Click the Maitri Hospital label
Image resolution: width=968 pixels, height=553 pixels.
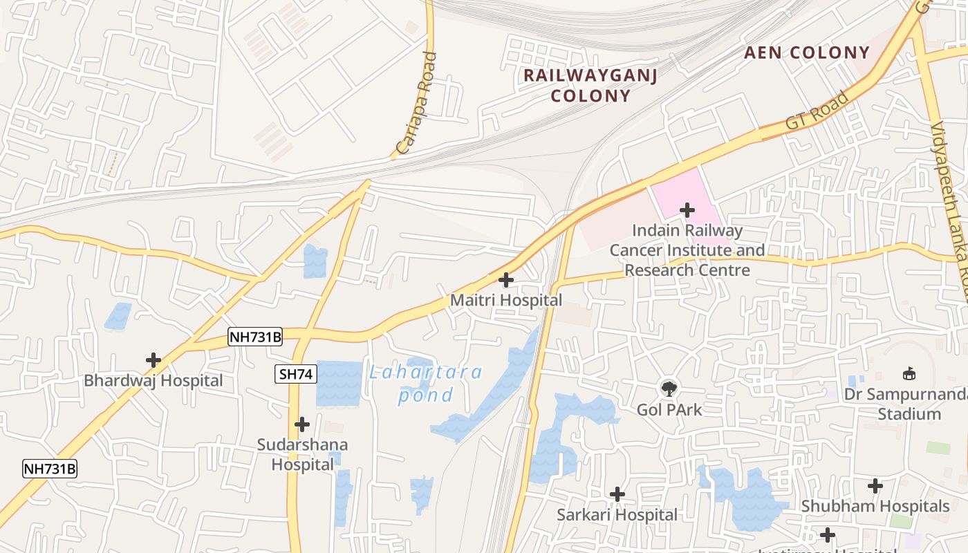(x=506, y=301)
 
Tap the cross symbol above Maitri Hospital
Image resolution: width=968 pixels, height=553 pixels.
(x=506, y=280)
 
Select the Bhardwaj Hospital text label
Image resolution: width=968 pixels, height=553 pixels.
(x=153, y=381)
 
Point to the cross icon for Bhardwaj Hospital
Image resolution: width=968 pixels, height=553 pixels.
(x=153, y=360)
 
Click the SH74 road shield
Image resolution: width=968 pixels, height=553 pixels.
(x=296, y=375)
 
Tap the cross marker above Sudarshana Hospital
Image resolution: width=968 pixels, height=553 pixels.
(x=302, y=424)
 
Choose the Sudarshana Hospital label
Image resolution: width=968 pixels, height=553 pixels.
(x=302, y=454)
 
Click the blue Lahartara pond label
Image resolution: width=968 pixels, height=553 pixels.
(x=425, y=384)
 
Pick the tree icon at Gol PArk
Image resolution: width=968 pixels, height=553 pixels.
(x=669, y=388)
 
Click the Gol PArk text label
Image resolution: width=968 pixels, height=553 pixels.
(x=669, y=410)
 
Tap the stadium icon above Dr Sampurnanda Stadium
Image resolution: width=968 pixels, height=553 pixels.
(x=909, y=374)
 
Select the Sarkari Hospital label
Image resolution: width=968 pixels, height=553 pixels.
(x=617, y=515)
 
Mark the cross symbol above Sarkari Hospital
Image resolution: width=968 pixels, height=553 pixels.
(x=617, y=494)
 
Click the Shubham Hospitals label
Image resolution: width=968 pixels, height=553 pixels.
(x=875, y=507)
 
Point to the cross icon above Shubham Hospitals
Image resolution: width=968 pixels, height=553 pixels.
(x=875, y=486)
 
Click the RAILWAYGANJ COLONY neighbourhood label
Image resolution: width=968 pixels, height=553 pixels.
(x=590, y=85)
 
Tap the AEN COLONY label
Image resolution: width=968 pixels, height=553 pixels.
(x=806, y=53)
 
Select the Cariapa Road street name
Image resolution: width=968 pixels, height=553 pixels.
(x=417, y=103)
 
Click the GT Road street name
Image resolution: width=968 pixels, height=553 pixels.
(x=817, y=111)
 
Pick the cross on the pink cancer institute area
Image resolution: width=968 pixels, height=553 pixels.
(x=687, y=209)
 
